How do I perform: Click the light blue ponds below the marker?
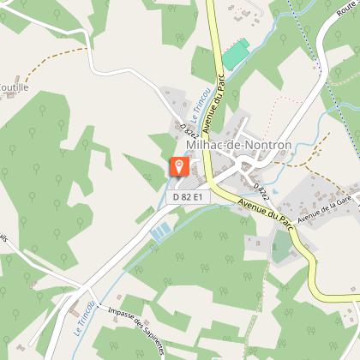pyautogui.click(x=161, y=231)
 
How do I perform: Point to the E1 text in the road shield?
pyautogui.click(x=198, y=197)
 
